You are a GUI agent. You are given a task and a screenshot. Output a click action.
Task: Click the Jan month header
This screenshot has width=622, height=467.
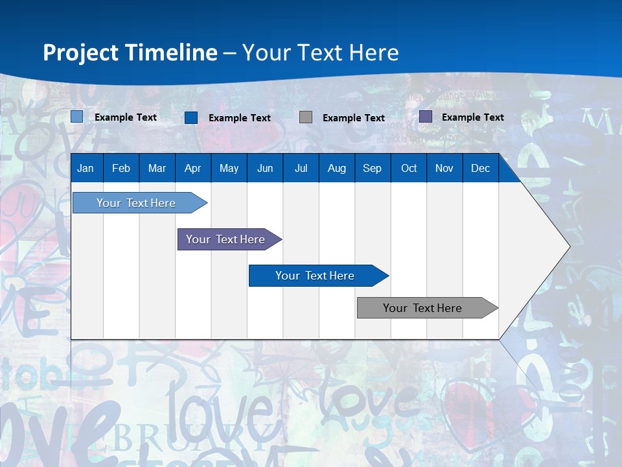tap(86, 168)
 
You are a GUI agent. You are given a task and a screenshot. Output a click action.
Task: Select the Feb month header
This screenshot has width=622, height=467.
tap(121, 168)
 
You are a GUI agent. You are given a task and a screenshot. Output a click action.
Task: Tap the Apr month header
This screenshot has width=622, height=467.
tap(192, 168)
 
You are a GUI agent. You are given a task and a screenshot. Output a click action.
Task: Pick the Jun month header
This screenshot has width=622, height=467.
tap(265, 168)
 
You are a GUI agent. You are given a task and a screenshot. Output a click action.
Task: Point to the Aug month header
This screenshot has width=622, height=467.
tap(336, 168)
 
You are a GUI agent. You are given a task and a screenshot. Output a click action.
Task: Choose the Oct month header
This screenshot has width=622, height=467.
tap(409, 168)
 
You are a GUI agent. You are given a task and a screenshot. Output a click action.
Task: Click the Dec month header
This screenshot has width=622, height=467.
tap(480, 168)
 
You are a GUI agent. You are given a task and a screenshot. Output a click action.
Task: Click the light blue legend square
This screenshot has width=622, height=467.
tap(77, 117)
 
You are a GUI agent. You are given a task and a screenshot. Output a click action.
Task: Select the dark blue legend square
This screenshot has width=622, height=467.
tap(191, 117)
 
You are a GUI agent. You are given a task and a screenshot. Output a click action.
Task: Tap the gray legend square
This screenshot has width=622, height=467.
tap(306, 117)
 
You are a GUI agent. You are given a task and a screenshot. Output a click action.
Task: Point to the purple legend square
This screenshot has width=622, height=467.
tap(426, 117)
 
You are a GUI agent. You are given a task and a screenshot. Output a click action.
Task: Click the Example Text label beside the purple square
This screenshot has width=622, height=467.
tap(472, 117)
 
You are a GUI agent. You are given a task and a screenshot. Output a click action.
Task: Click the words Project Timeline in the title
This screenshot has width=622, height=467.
tap(130, 53)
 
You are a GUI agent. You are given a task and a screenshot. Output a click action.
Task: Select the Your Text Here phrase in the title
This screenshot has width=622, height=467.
tap(321, 53)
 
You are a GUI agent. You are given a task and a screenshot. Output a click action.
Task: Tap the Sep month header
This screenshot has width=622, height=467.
tap(372, 168)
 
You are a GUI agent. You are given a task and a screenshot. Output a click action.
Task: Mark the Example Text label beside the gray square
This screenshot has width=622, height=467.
tap(353, 118)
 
